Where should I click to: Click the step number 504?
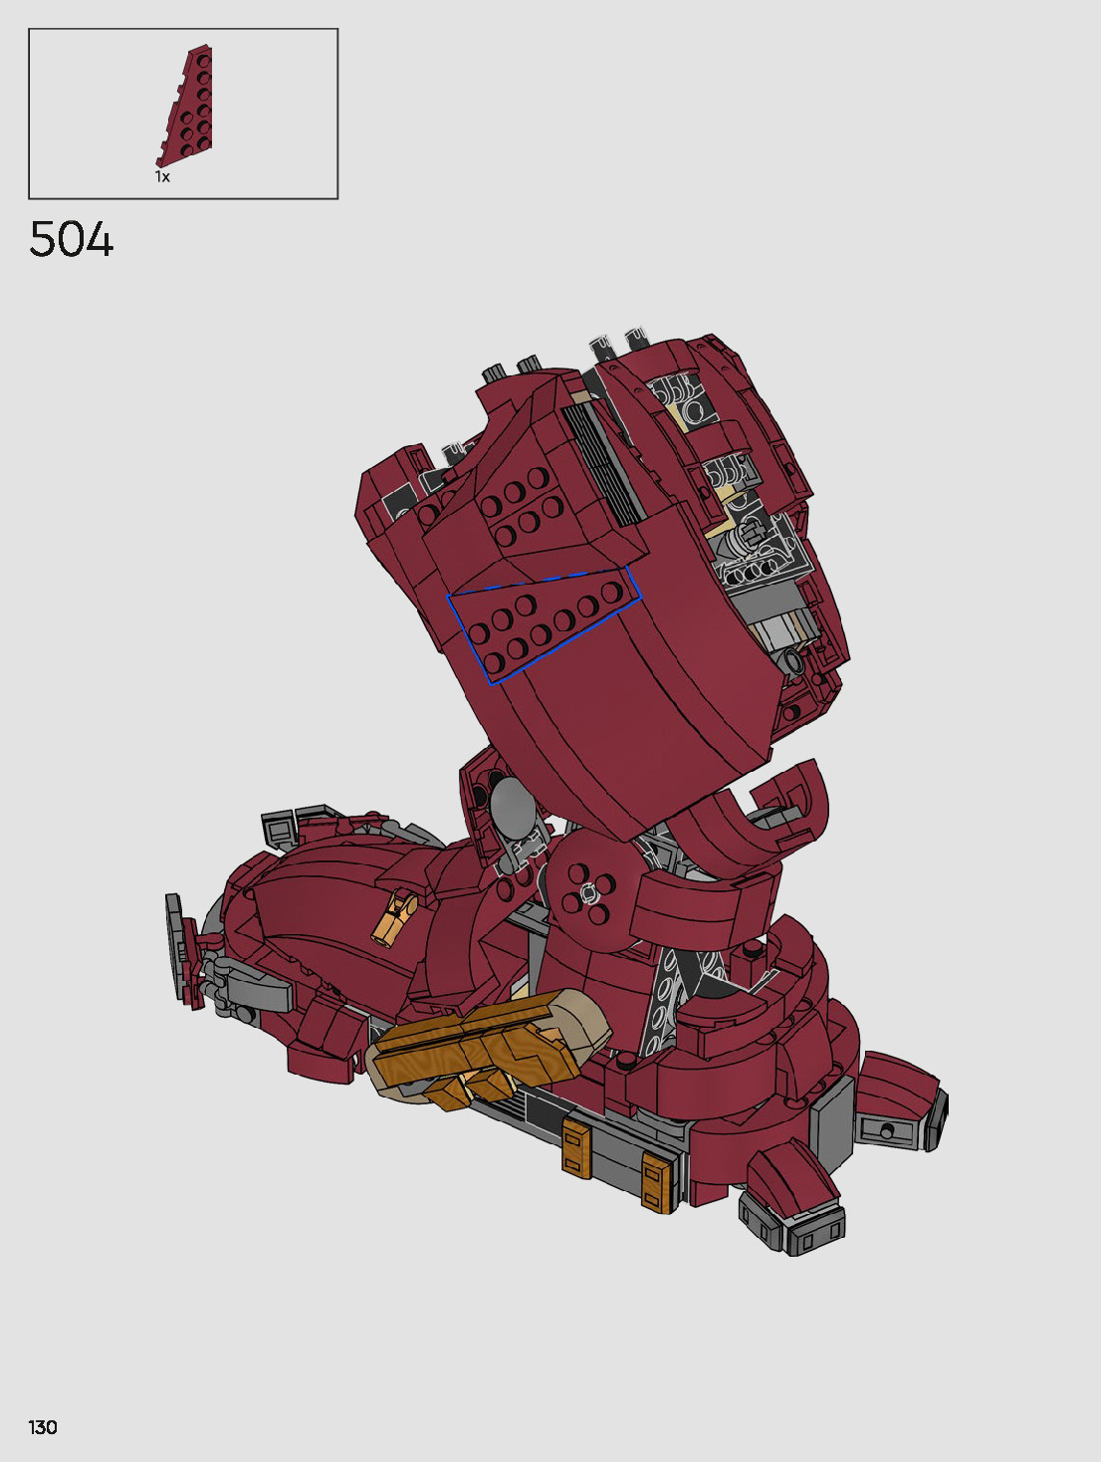[72, 240]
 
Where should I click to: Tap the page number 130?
[43, 1426]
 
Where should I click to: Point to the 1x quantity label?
[162, 176]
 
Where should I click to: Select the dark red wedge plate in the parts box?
[185, 106]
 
